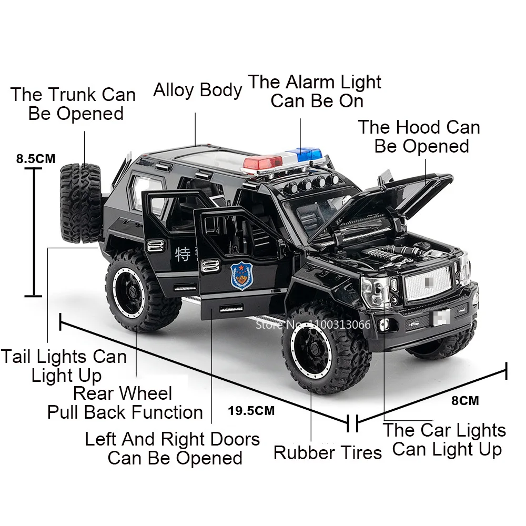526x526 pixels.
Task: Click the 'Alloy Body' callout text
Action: [198, 90]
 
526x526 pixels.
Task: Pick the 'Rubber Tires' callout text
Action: [327, 452]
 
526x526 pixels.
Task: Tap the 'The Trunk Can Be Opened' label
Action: [74, 104]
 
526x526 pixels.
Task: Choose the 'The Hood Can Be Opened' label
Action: [420, 136]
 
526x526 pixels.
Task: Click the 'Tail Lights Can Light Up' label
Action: [64, 366]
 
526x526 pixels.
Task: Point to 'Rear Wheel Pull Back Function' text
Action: [125, 403]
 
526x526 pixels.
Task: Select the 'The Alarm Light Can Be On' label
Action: [315, 91]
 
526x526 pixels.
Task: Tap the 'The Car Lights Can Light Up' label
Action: [444, 440]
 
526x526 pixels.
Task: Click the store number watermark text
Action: [313, 325]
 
